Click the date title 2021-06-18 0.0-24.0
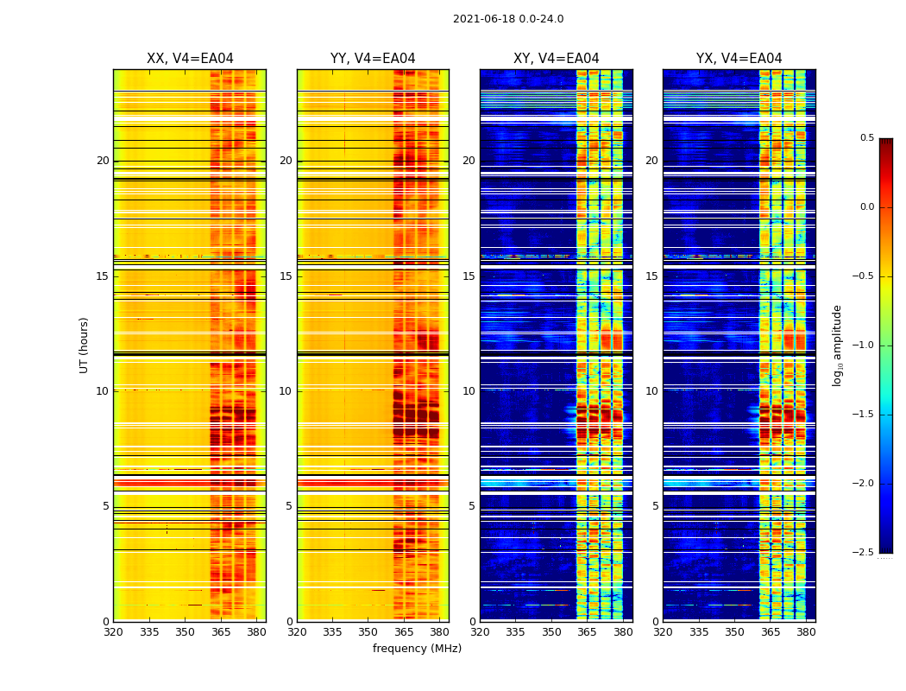click(x=508, y=19)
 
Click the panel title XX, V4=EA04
click(x=190, y=59)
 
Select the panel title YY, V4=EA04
click(x=373, y=59)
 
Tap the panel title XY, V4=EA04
click(x=556, y=59)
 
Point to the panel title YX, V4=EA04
click(x=739, y=59)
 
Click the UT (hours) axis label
click(x=84, y=345)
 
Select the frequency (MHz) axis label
click(x=417, y=649)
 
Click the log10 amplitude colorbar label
click(x=836, y=345)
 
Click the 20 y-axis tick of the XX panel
click(x=103, y=161)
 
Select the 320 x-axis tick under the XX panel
click(x=113, y=632)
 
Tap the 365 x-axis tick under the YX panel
click(x=771, y=632)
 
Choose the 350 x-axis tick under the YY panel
click(x=368, y=632)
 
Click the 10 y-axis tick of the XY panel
click(x=469, y=391)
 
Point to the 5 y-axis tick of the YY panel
click(x=289, y=506)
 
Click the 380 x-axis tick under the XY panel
click(x=622, y=632)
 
